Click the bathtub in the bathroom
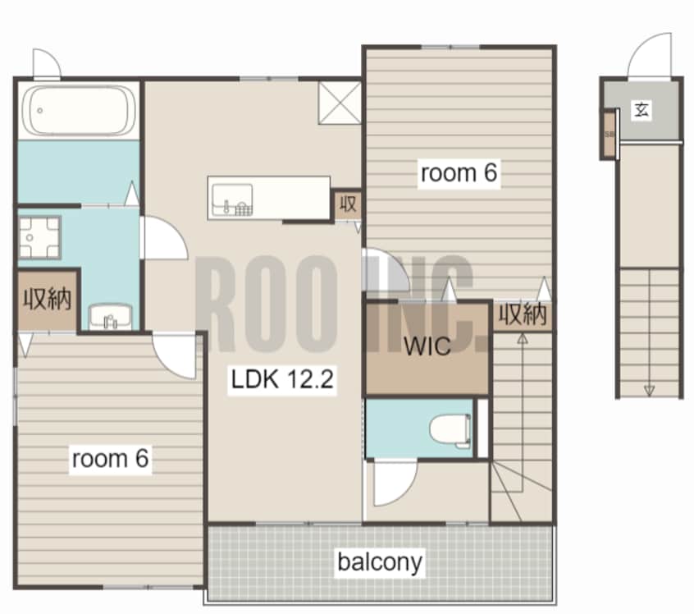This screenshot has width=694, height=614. point(80,110)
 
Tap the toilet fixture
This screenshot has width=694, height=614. point(450,428)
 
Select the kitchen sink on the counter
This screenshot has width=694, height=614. point(232,199)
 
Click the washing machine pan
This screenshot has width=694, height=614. point(39,237)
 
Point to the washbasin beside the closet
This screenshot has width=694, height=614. point(110,317)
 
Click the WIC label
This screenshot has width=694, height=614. point(427,346)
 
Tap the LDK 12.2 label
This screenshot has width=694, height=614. point(282,379)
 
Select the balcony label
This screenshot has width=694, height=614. point(380,562)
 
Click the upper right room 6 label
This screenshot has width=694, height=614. point(459,172)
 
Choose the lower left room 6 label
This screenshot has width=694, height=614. point(110,459)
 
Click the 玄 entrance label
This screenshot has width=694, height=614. point(641,109)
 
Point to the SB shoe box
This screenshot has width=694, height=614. point(610,133)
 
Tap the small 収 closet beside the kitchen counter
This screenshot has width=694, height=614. point(348,204)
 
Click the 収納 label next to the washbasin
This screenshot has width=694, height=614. point(48,300)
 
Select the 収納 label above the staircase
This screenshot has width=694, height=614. point(523,315)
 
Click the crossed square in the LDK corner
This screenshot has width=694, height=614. point(340,102)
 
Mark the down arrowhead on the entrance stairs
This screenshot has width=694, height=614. point(650,391)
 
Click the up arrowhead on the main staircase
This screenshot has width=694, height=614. point(523,339)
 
